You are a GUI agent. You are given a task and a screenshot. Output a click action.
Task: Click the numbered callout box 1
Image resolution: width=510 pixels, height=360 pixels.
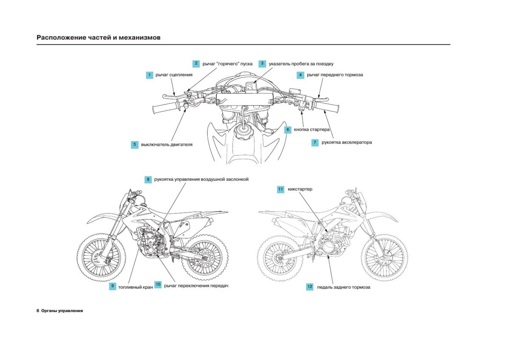(149, 75)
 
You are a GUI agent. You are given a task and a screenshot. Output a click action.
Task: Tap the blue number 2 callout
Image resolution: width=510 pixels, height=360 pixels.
(196, 64)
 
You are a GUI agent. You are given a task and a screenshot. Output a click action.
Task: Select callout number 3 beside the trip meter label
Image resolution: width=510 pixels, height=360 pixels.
(262, 64)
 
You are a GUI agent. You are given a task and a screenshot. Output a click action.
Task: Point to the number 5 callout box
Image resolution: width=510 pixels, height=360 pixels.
(134, 145)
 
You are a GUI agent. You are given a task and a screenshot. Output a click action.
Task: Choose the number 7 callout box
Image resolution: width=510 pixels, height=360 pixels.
(315, 143)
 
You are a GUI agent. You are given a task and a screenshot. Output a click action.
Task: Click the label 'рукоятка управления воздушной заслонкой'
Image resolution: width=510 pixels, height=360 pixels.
(201, 179)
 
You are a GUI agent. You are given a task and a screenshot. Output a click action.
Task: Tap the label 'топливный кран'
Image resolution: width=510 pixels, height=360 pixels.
(135, 287)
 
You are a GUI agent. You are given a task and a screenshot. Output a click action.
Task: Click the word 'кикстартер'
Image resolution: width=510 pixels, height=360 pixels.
(300, 189)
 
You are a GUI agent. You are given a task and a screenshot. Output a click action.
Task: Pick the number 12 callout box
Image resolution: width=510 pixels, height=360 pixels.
(310, 287)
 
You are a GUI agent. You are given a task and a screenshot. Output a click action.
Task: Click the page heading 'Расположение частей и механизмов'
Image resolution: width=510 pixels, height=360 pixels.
(99, 37)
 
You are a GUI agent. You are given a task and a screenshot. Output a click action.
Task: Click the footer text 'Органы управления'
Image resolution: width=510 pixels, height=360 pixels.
(62, 311)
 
